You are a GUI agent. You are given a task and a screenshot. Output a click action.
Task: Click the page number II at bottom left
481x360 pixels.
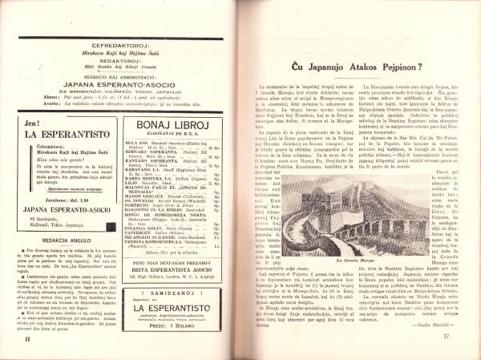click(18, 338)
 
